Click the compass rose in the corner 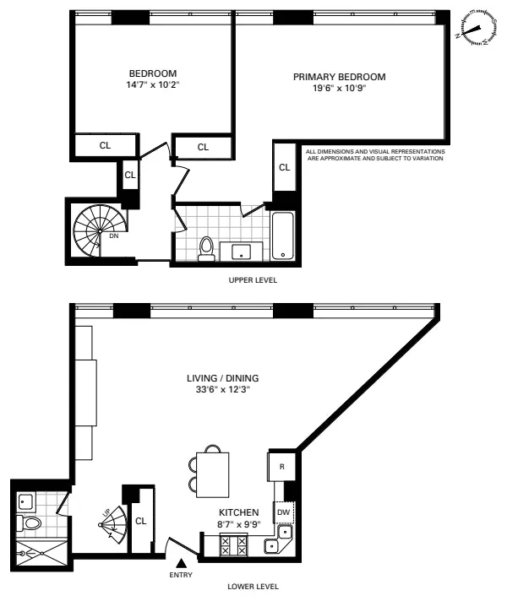click(476, 30)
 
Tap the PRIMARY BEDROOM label click(339, 77)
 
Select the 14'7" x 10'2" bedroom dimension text click(153, 84)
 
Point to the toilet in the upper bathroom click(204, 247)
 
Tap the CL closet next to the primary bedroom click(285, 167)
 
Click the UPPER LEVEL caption click(253, 279)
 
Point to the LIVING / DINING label click(223, 377)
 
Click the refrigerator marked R click(281, 465)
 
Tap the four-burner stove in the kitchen click(233, 545)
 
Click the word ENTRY click(180, 576)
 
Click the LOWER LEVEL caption click(253, 586)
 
